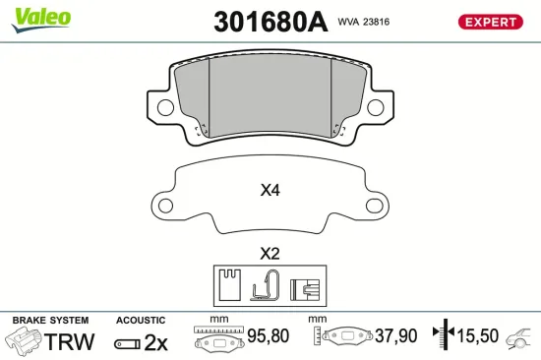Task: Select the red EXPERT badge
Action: tap(489, 22)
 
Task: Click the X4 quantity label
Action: tap(270, 191)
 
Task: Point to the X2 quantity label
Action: tap(270, 253)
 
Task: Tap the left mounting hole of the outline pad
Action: tap(166, 207)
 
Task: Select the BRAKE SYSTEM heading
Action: tap(50, 321)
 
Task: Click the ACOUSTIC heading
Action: tap(142, 321)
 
